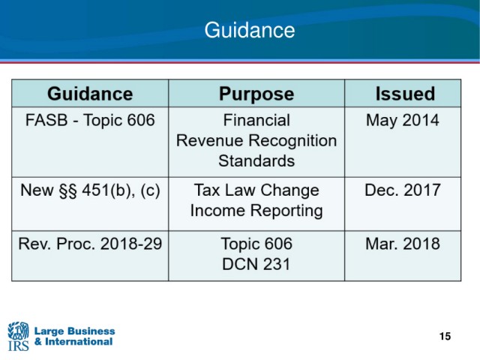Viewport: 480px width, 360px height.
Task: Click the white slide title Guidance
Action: (250, 30)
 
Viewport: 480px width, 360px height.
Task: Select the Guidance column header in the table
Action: (90, 93)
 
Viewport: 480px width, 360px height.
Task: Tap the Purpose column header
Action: (256, 94)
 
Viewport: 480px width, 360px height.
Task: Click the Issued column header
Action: (405, 93)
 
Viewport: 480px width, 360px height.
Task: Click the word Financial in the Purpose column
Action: (256, 120)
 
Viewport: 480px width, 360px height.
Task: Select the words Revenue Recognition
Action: (256, 140)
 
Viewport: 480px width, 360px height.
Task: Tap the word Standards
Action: (256, 160)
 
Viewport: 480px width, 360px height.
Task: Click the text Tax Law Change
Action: (256, 190)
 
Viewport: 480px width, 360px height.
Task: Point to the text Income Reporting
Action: (256, 211)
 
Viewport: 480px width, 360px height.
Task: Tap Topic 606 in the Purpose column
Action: (256, 244)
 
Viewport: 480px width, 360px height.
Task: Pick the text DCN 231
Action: (256, 264)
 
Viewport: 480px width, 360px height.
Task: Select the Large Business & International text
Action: (74, 337)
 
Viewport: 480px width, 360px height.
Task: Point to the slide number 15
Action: (445, 337)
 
